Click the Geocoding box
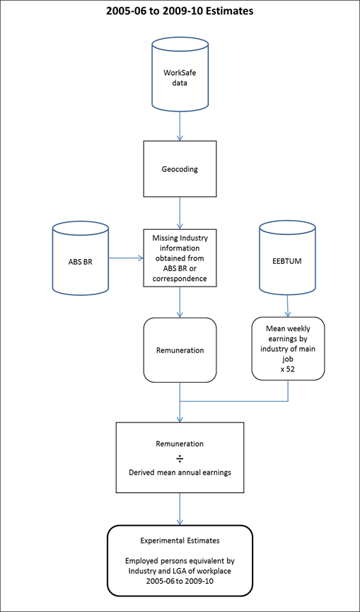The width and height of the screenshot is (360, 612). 180,169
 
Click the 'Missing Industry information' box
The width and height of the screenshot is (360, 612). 180,257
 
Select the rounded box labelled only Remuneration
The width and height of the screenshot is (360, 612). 180,350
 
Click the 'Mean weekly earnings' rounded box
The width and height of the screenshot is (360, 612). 287,348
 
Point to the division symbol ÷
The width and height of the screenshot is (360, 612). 180,458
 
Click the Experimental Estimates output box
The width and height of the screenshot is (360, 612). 180,560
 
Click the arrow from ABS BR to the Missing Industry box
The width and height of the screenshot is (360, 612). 126,258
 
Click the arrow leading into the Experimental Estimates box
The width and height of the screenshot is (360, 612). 180,509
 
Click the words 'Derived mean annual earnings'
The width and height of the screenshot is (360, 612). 180,472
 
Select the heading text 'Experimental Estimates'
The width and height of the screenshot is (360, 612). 180,539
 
